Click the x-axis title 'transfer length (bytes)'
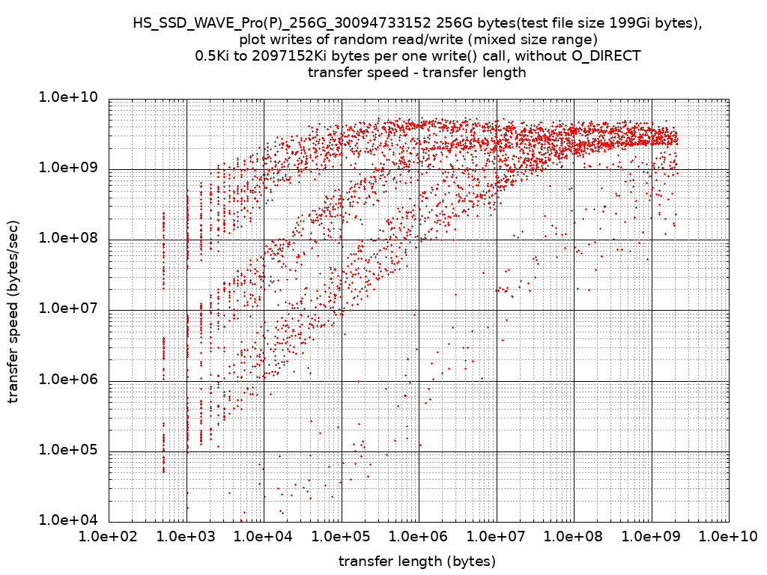coord(417,561)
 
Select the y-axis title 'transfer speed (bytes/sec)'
coord(14,310)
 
